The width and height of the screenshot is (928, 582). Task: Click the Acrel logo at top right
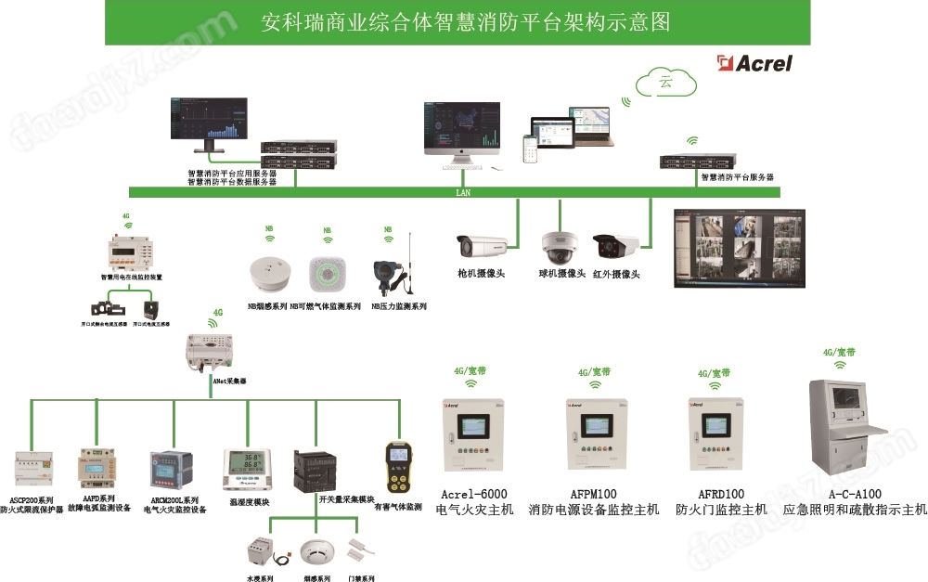(754, 63)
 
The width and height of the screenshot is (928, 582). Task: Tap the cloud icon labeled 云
(665, 82)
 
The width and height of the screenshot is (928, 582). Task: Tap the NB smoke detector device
(267, 272)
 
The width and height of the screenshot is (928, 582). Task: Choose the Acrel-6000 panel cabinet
(473, 435)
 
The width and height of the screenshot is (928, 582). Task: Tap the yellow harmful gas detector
(399, 467)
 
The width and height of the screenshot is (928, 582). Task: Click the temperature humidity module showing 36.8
(245, 469)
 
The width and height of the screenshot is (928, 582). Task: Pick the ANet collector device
(211, 351)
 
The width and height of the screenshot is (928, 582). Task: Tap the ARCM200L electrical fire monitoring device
(174, 472)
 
